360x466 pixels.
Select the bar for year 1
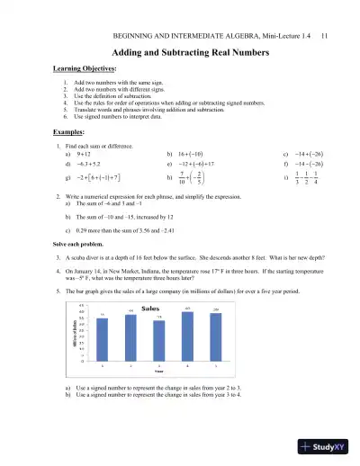click(102, 340)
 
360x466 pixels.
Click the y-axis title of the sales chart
click(76, 341)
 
